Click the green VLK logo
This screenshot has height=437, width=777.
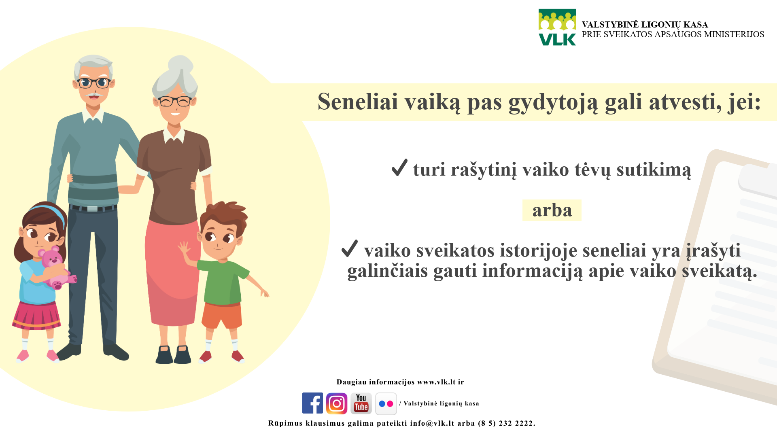click(557, 27)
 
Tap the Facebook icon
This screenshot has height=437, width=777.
click(312, 403)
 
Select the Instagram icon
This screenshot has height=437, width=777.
click(337, 403)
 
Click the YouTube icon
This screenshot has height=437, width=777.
click(361, 403)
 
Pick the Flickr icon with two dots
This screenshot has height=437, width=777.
click(386, 404)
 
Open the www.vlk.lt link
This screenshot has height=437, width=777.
click(436, 382)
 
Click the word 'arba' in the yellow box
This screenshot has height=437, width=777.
click(552, 210)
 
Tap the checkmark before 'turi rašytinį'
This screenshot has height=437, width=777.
click(399, 168)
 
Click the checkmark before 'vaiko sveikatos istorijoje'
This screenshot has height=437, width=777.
click(350, 248)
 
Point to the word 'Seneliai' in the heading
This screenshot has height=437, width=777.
click(358, 101)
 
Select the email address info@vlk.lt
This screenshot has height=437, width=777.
click(432, 423)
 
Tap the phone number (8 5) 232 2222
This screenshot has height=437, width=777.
click(507, 423)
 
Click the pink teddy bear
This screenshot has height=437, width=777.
click(57, 267)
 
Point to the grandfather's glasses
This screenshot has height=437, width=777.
click(94, 83)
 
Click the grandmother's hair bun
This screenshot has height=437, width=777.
click(180, 64)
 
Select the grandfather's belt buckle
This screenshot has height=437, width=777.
click(92, 209)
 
